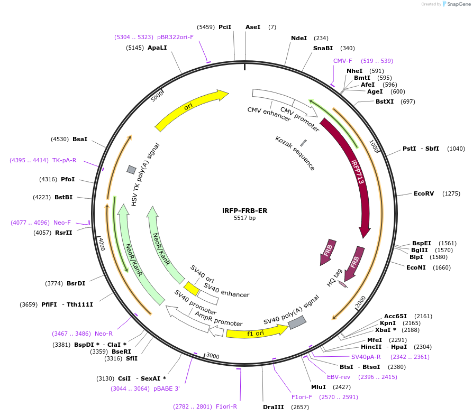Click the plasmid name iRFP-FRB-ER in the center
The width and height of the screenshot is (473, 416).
[244, 210]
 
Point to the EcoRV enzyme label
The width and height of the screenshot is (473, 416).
[423, 193]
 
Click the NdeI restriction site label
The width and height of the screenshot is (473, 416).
[299, 38]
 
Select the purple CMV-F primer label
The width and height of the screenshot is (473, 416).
[342, 61]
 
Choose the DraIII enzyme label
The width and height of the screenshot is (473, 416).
[274, 407]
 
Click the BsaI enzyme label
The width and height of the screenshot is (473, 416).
[80, 139]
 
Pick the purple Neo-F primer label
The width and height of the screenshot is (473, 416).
[62, 223]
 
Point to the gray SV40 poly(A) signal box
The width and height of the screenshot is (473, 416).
[296, 322]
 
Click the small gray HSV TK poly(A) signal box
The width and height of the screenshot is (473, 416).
[131, 169]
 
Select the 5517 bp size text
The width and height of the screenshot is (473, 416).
[244, 218]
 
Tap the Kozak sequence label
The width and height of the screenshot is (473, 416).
[295, 153]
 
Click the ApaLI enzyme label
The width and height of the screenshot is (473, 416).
[157, 48]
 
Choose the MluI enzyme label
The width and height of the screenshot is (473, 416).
[319, 387]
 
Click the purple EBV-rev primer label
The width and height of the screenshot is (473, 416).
[339, 377]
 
